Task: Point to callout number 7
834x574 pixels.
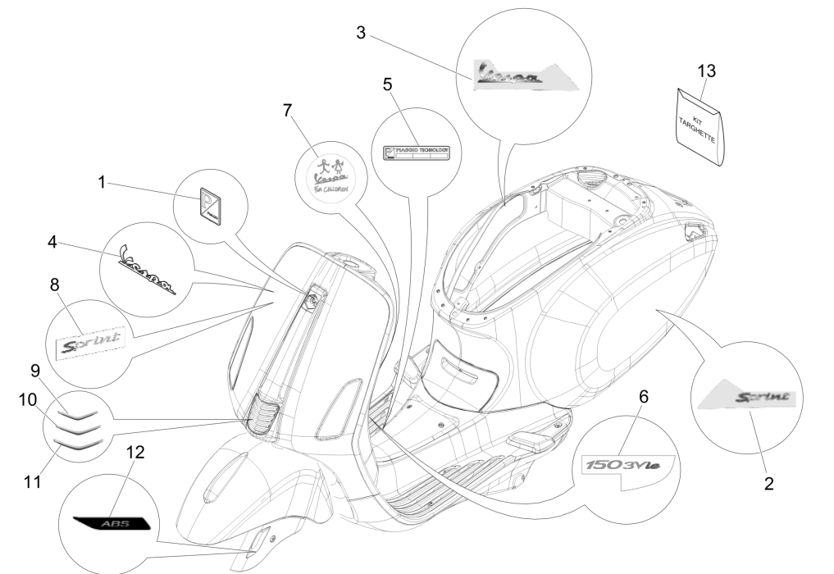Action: tap(288, 112)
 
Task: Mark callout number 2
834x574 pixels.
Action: tap(768, 483)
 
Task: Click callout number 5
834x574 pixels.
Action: tap(388, 84)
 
